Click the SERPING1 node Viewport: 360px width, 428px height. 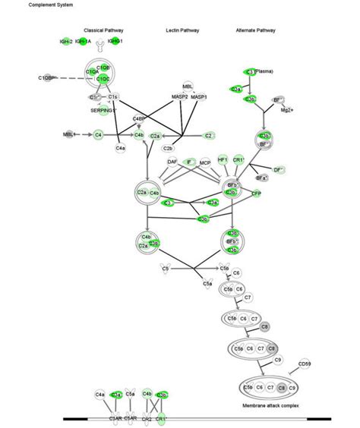103,111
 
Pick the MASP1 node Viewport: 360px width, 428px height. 199,98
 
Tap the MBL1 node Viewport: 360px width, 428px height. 70,134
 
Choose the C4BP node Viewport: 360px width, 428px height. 139,119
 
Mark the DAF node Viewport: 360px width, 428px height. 173,161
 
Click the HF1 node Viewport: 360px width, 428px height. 223,160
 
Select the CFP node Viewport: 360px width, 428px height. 256,194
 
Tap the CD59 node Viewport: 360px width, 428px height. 304,365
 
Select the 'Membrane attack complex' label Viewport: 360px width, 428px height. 271,406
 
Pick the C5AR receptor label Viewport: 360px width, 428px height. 131,418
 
